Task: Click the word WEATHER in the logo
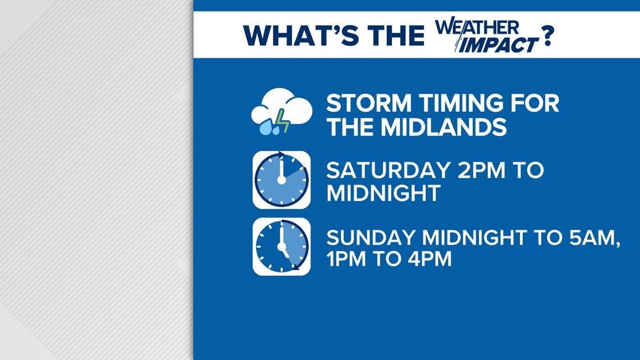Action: [478, 27]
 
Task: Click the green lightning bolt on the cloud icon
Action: [281, 120]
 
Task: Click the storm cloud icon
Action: [281, 113]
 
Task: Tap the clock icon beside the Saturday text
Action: [281, 180]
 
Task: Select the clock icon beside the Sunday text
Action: [281, 247]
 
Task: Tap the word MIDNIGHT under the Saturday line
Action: [383, 193]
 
